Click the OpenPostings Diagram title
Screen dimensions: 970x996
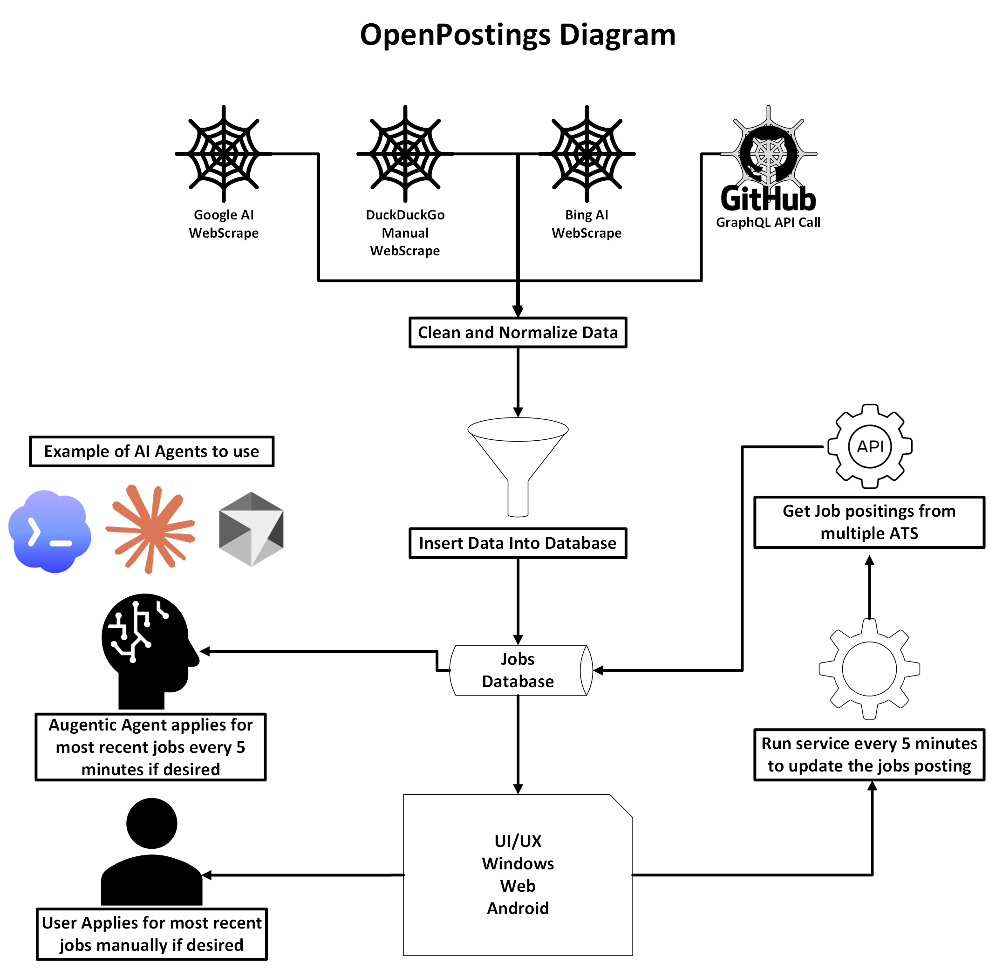(517, 34)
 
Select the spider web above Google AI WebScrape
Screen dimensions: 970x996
(223, 153)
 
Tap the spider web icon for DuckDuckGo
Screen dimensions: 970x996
(404, 153)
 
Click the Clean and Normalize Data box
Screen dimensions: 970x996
(517, 332)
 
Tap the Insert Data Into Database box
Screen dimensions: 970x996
(517, 543)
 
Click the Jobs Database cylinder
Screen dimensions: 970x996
(517, 669)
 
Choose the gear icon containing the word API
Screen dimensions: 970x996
(869, 446)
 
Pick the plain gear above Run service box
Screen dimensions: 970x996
(869, 669)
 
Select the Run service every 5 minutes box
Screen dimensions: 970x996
(869, 754)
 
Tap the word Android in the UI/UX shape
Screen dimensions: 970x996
(517, 908)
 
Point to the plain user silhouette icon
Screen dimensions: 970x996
(151, 851)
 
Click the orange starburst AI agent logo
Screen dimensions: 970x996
(150, 528)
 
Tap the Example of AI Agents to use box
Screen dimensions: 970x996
(151, 451)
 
